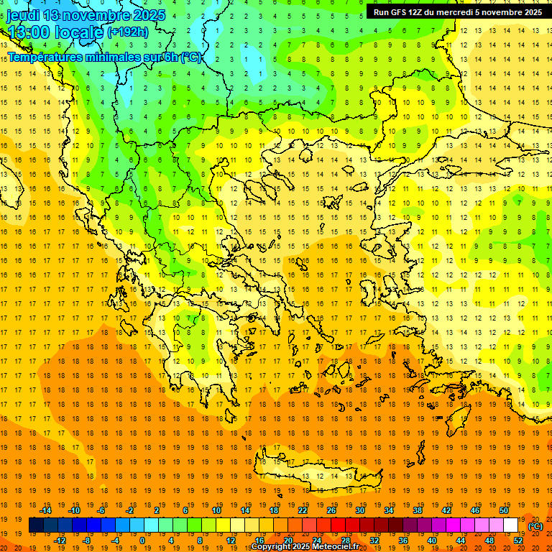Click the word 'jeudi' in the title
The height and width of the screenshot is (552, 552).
23,15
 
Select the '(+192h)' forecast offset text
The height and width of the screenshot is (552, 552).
127,32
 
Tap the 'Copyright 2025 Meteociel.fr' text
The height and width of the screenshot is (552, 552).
305,547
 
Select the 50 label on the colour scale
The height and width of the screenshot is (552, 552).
503,510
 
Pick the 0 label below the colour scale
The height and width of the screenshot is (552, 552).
142,540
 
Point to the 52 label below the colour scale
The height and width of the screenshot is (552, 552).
518,540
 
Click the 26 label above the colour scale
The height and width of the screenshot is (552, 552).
331,510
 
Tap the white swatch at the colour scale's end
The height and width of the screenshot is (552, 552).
510,525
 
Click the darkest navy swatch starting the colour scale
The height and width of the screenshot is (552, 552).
36,525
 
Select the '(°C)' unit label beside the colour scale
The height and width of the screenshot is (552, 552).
535,526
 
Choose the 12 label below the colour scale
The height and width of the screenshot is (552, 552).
231,540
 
